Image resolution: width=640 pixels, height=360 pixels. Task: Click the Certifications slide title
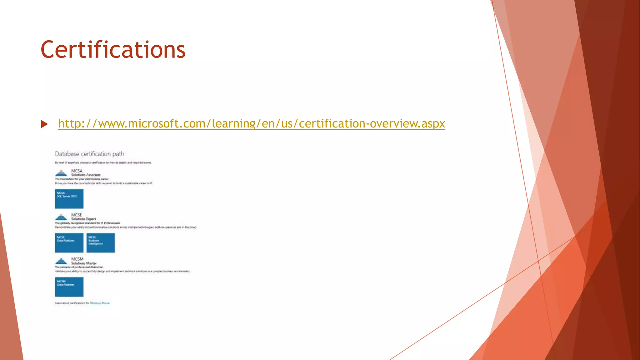[113, 50]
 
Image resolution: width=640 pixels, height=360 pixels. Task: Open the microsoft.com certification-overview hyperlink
[252, 124]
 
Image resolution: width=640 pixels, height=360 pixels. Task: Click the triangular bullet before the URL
[44, 124]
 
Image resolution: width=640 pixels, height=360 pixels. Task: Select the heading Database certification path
[89, 154]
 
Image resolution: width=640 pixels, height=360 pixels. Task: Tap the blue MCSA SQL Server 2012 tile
[69, 199]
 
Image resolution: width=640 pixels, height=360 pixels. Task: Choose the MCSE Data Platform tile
[69, 243]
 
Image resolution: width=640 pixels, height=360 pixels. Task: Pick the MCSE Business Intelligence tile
[101, 243]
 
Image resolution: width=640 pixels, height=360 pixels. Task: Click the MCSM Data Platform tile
[69, 287]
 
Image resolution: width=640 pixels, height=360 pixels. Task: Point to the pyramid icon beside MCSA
[61, 173]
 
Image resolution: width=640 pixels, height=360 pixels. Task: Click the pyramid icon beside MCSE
[61, 217]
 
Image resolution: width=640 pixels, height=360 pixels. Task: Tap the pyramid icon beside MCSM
[61, 261]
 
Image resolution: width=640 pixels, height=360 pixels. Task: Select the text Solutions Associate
[86, 175]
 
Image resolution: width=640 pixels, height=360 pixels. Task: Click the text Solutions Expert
[83, 219]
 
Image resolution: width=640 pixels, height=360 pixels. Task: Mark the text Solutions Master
[84, 263]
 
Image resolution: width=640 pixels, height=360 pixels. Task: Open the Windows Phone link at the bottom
[100, 303]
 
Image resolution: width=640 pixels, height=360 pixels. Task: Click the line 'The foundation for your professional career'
[82, 179]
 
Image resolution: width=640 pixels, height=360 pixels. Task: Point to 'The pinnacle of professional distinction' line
[79, 267]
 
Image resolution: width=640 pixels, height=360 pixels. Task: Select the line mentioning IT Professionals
[87, 223]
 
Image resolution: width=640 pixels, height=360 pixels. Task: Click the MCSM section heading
[77, 259]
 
